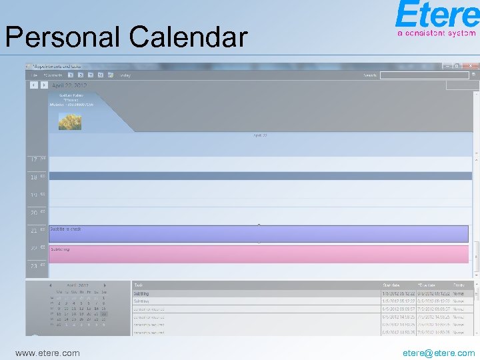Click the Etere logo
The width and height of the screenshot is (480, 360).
click(x=437, y=19)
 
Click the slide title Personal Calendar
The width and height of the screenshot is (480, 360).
click(x=126, y=37)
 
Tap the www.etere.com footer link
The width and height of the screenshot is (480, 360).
click(x=47, y=353)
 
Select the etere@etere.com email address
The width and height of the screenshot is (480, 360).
click(x=439, y=353)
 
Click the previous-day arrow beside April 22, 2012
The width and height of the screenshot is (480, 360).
click(x=33, y=85)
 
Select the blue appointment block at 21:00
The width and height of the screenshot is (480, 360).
click(x=259, y=233)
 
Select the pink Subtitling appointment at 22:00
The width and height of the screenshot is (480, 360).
click(x=259, y=254)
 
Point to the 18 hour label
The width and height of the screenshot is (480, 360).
click(x=34, y=177)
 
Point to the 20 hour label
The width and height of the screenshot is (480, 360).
click(x=34, y=213)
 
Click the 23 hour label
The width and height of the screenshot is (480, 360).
click(x=34, y=266)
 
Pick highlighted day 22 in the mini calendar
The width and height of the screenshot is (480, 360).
click(x=103, y=314)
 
